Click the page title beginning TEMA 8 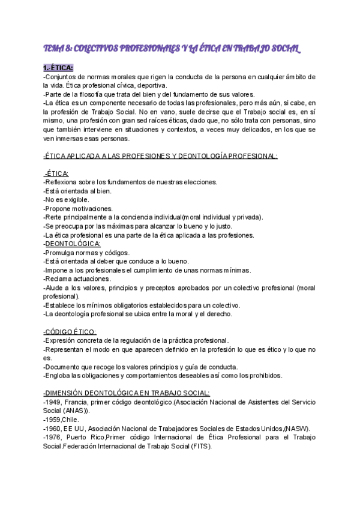171,48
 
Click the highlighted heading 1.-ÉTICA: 58,68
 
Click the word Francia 79,402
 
